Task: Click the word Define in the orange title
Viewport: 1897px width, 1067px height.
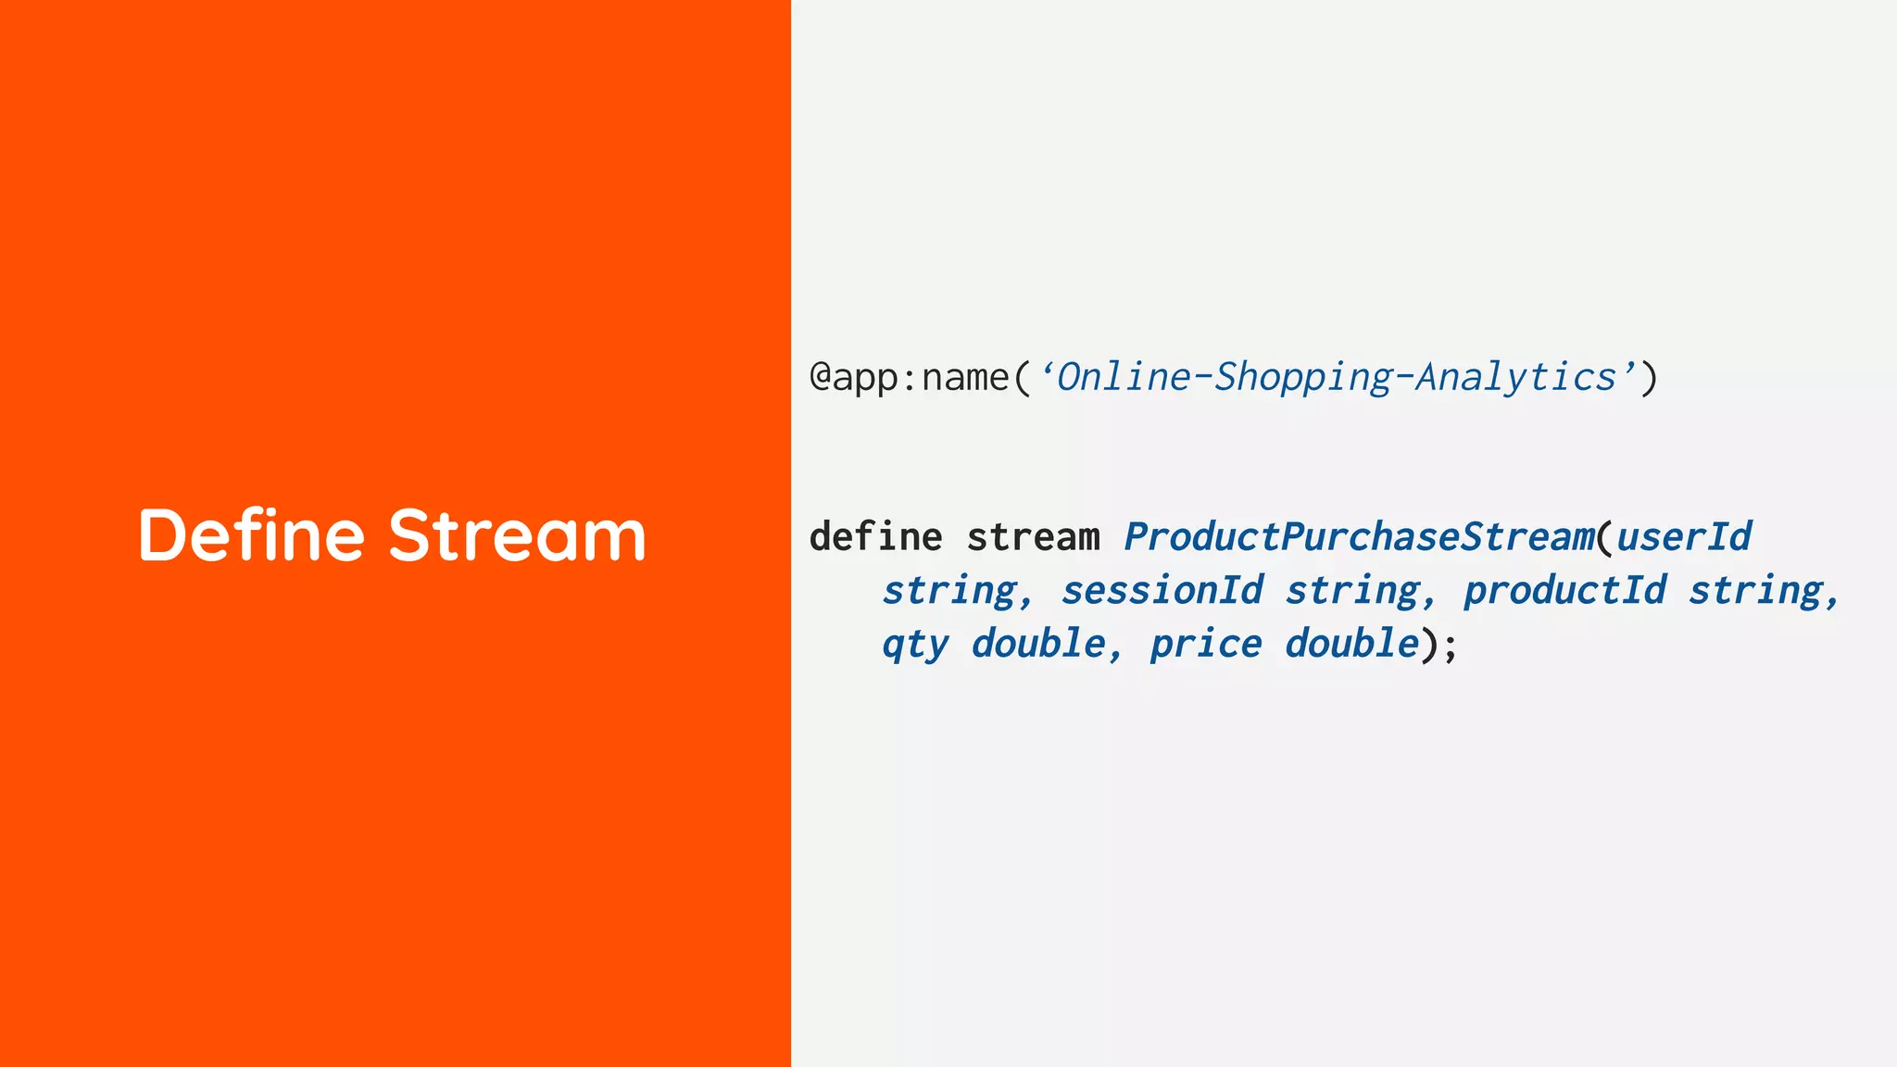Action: point(251,535)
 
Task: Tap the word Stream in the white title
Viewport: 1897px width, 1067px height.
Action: point(517,535)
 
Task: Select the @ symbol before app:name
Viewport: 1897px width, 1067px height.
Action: point(820,377)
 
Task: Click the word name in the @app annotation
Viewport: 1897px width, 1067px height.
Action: point(965,377)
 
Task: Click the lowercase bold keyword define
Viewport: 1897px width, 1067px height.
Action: point(875,537)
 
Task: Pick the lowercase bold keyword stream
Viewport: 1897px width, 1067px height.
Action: point(1033,537)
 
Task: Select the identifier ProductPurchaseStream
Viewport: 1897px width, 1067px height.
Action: point(1359,537)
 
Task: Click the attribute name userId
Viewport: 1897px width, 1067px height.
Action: point(1683,537)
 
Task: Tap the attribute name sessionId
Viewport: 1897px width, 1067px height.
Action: point(1162,590)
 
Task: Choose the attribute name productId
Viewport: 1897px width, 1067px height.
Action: point(1564,590)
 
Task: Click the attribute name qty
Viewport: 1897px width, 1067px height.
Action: point(915,644)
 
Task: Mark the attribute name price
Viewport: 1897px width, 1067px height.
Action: point(1205,644)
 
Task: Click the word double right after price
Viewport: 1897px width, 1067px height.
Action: point(1351,644)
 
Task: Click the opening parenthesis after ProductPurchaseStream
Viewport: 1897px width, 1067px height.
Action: point(1605,537)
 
